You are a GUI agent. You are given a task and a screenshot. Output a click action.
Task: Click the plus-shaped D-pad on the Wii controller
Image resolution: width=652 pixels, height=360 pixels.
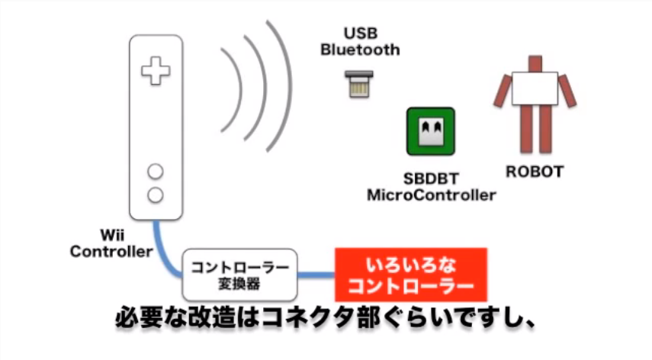click(156, 72)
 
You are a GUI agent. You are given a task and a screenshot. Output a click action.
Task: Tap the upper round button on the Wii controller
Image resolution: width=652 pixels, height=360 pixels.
click(156, 171)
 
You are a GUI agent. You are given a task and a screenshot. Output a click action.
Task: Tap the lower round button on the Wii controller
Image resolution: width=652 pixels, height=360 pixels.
click(156, 194)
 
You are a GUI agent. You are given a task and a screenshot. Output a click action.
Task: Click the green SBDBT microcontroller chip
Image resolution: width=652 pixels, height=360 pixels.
click(430, 132)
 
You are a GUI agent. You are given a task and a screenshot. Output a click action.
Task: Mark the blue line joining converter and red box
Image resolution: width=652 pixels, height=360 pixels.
click(317, 275)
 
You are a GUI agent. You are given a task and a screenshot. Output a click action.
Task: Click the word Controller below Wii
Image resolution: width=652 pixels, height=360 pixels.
click(111, 252)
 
